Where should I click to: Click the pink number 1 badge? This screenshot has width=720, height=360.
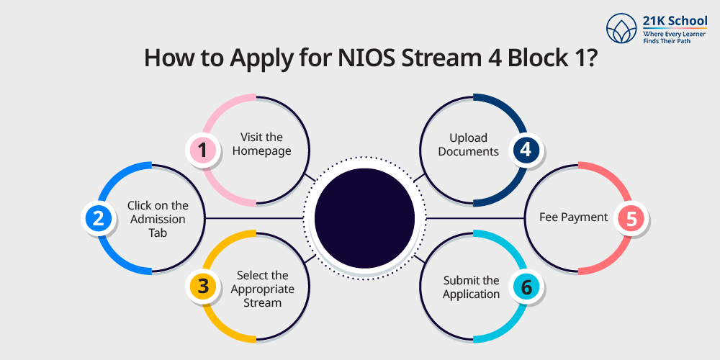tap(203, 150)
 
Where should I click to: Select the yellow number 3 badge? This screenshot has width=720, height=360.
tap(203, 286)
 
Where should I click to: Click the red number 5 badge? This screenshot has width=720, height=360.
tap(631, 219)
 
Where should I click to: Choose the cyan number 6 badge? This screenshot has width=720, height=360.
tap(526, 287)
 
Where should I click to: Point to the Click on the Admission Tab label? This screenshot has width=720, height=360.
tap(158, 219)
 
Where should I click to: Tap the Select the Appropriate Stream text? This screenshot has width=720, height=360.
tap(262, 289)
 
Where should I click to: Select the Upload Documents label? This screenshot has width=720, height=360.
tap(468, 144)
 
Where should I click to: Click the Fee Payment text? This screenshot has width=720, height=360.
tap(574, 217)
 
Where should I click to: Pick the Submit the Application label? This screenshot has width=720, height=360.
tap(471, 287)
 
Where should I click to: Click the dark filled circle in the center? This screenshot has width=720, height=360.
tap(365, 217)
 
